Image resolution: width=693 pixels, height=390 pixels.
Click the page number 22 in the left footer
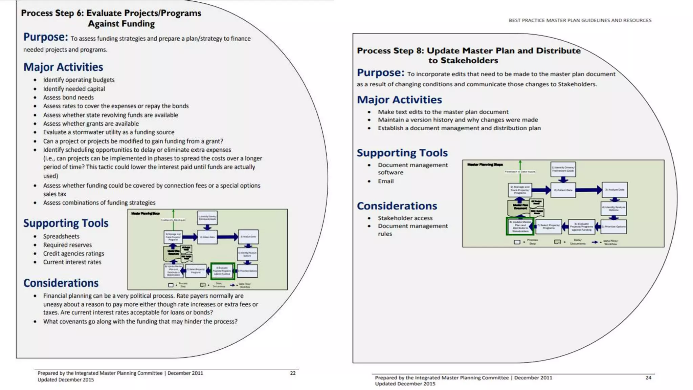point(293,373)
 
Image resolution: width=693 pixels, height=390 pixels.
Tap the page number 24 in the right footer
point(648,378)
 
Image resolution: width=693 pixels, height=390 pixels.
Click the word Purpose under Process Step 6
point(45,37)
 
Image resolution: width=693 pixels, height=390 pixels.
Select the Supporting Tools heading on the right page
point(402,153)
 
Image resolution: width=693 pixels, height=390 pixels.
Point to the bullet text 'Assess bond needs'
point(68,97)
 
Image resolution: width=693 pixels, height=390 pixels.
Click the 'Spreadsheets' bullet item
point(61,236)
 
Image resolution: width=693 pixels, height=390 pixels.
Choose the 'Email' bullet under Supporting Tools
point(386,181)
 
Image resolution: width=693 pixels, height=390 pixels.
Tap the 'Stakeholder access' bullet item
point(405,218)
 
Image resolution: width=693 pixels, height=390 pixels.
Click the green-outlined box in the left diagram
point(222,271)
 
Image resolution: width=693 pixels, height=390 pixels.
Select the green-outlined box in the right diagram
point(520,226)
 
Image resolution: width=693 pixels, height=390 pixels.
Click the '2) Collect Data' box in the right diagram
point(563,190)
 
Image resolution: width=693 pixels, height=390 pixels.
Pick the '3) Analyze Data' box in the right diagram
point(614,190)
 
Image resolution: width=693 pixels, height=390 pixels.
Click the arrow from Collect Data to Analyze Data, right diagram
point(589,190)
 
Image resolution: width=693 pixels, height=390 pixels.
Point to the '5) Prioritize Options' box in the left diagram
point(248,271)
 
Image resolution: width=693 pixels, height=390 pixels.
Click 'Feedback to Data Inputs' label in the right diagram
point(520,172)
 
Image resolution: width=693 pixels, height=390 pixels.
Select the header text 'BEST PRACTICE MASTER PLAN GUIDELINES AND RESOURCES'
point(580,20)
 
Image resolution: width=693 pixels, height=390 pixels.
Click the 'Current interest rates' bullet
point(72,262)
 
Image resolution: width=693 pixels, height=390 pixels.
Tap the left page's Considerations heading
point(61,283)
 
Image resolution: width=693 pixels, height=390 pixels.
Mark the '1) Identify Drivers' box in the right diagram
point(563,169)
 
